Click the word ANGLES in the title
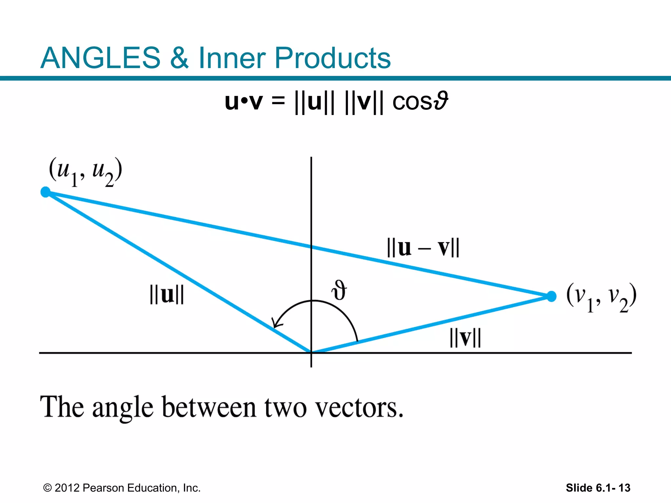tap(100, 58)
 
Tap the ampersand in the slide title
tap(179, 58)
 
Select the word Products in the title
tap(332, 58)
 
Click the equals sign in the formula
tap(278, 101)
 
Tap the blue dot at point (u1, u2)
tap(46, 192)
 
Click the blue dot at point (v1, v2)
tap(551, 296)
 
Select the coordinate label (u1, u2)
tap(86, 172)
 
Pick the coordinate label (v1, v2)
tap(602, 297)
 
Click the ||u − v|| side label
tap(423, 248)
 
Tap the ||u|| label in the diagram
tap(167, 294)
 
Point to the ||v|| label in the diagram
tap(465, 338)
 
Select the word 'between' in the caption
tap(209, 408)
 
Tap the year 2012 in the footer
tap(67, 488)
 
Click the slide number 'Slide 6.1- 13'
tap(598, 488)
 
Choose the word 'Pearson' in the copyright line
tap(104, 488)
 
